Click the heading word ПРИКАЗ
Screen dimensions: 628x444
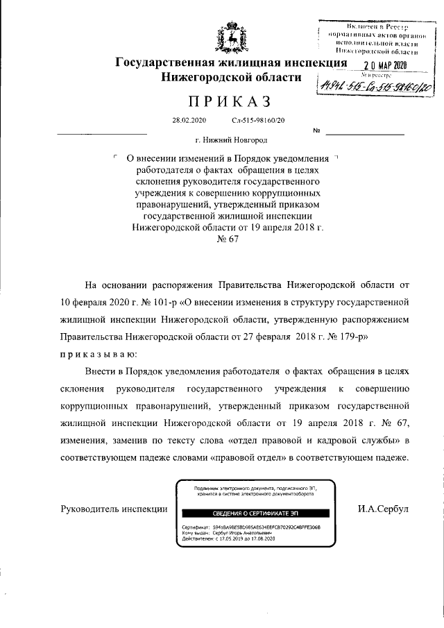pos(221,103)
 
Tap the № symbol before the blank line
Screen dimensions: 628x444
pos(317,130)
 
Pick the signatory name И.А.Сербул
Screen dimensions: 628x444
pos(383,509)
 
